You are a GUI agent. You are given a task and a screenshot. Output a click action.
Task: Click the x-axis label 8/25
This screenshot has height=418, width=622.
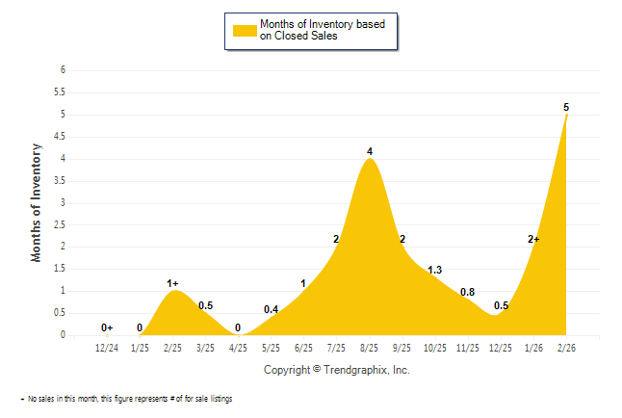pos(369,348)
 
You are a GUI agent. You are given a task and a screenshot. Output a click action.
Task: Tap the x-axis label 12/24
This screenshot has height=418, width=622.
pos(107,348)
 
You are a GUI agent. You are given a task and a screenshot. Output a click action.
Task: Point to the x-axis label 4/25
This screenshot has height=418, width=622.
pos(238,348)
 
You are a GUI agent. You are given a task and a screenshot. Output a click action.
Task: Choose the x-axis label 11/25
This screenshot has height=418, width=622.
pos(468,348)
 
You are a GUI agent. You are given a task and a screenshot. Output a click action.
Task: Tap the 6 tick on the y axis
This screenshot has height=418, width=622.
pos(63,70)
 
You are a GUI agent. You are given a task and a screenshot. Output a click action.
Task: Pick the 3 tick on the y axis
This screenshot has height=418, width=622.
pos(63,202)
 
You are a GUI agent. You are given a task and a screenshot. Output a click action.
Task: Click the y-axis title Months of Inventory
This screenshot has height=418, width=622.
pos(38,202)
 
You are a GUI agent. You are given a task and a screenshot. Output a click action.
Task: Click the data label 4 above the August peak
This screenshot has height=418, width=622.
pos(370,151)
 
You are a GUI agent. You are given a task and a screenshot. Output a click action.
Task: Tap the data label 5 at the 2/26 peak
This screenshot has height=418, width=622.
pos(566,106)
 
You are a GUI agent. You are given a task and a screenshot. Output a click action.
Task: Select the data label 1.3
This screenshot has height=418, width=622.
pos(434,270)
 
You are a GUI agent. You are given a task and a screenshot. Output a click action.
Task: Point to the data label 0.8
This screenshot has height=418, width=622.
pos(468,292)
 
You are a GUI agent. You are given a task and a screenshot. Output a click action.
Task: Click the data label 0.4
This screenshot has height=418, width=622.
pos(271,309)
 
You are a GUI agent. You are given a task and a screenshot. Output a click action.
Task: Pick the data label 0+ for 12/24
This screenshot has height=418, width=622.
pos(107,327)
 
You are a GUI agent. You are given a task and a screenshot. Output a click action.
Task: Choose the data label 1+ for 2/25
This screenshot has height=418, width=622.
pos(173,283)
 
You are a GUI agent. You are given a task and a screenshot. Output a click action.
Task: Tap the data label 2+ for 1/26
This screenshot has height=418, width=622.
pos(533,239)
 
